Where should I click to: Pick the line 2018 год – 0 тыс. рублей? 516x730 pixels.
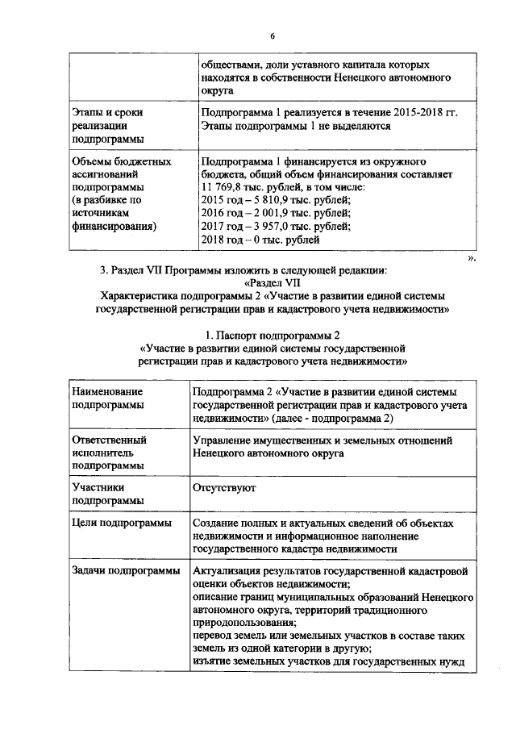click(261, 239)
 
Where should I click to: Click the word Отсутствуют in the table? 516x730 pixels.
click(223, 488)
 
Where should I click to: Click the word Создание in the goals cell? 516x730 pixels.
click(218, 524)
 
